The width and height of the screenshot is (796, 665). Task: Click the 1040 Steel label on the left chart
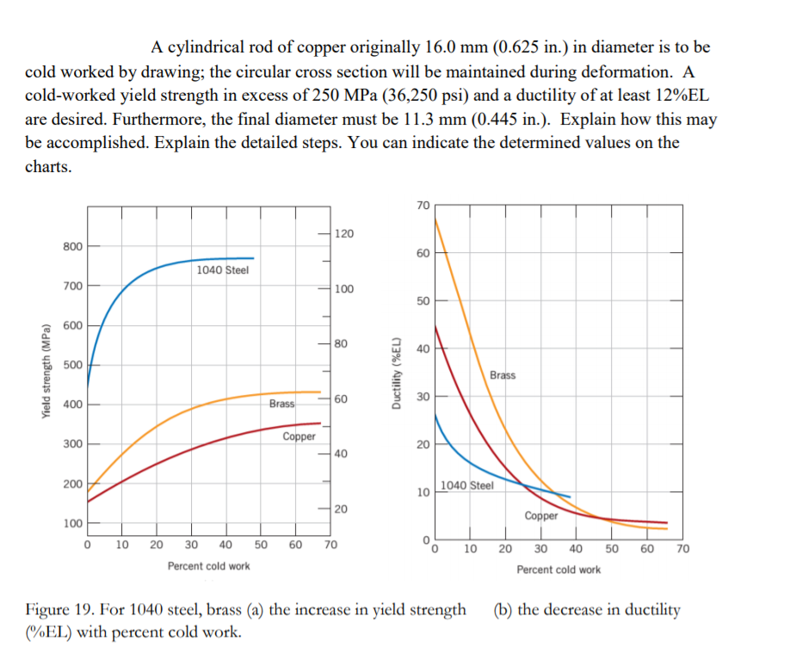tap(222, 270)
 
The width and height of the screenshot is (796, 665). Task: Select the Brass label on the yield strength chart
tap(281, 403)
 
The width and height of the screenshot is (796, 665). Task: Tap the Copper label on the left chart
tap(299, 437)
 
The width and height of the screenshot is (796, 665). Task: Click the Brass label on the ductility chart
tap(503, 375)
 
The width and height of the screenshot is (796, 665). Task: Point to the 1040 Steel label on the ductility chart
tap(467, 485)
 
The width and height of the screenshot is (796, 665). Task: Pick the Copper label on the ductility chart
tap(540, 516)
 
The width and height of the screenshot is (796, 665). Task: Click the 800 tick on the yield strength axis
tap(72, 247)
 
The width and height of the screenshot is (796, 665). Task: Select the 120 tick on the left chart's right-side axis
tap(343, 234)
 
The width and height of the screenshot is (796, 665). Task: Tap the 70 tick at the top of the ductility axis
tap(422, 205)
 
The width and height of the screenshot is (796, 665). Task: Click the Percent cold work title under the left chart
tap(209, 566)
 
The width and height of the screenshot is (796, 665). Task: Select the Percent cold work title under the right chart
tap(558, 570)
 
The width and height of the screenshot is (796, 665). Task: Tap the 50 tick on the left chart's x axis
tap(261, 545)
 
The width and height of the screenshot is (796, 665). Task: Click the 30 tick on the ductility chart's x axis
tap(540, 549)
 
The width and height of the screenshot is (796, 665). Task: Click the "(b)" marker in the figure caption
tap(503, 610)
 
